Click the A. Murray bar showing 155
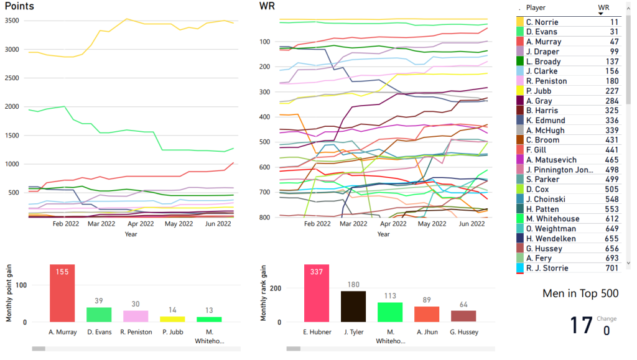point(62,293)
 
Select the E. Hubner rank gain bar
point(317,293)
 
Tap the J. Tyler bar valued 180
point(353,307)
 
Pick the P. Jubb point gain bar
point(172,319)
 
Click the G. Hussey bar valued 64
point(463,316)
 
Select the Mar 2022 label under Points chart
point(101,224)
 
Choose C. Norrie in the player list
point(542,22)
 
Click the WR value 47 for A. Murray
point(613,42)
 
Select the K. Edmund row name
point(546,121)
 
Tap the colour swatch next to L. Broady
point(520,62)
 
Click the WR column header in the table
point(603,7)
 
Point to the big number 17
point(581,326)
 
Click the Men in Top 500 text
point(580,293)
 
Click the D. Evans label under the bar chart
point(99,332)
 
